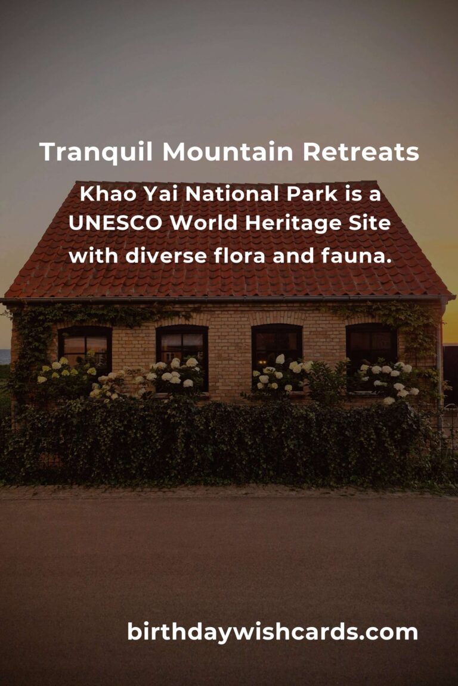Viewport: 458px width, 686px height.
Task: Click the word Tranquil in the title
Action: pos(96,152)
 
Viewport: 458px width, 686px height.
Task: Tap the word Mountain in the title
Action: pos(227,152)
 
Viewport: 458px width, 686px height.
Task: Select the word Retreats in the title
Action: pos(361,152)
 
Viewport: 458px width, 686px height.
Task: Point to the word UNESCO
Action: pos(115,223)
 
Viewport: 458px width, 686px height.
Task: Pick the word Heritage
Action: pos(293,224)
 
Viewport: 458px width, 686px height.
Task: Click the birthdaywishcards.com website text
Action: pos(273,632)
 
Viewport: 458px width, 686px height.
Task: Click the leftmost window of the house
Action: pos(85,350)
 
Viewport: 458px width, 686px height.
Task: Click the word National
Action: pos(232,194)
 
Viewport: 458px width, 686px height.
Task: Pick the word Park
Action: pos(312,194)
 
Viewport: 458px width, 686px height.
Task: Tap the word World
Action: pos(203,223)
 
